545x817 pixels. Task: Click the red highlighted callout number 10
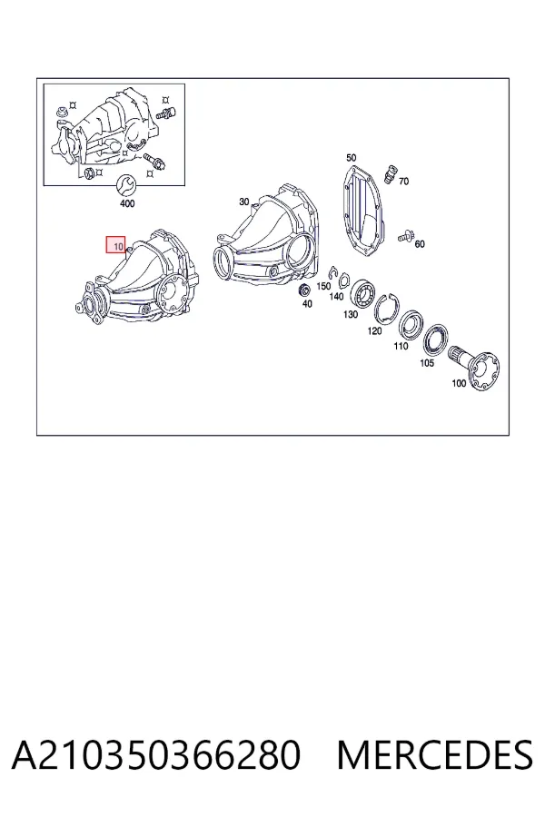pos(115,244)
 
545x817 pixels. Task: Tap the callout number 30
pos(244,202)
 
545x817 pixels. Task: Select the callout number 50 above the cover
pos(351,157)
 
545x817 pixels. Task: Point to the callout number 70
pos(403,182)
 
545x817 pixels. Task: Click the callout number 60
pos(420,244)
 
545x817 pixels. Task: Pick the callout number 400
pos(127,203)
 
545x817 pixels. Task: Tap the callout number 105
pos(427,362)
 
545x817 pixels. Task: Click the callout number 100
pos(459,383)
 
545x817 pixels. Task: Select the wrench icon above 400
pos(125,185)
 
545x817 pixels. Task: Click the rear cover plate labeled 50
pos(363,210)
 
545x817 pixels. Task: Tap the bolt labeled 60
pos(405,237)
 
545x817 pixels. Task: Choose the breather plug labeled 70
pos(390,173)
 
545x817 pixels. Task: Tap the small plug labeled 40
pos(303,290)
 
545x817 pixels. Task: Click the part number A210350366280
pos(156,755)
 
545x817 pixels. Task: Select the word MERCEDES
pos(435,755)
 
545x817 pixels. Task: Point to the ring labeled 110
pos(410,325)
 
